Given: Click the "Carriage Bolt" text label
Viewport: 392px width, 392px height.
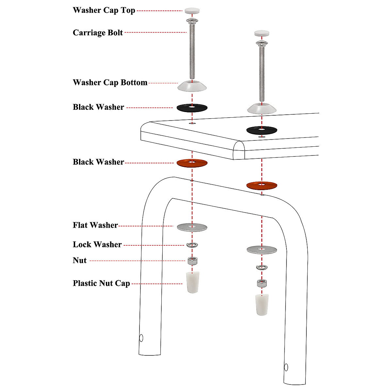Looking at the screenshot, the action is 98,33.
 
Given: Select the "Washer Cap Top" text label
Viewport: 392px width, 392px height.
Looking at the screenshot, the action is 104,10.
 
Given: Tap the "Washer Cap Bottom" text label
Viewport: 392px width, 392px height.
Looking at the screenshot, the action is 110,83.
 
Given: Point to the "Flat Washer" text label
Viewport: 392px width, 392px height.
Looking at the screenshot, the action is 95,225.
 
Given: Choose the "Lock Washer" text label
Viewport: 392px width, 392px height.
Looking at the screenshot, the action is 97,245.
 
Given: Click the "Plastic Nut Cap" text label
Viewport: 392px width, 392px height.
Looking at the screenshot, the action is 101,283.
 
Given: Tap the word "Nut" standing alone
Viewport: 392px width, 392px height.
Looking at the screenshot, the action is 80,261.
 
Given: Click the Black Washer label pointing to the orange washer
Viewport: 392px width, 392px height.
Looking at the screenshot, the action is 98,162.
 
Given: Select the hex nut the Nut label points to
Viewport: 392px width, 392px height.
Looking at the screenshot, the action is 192,261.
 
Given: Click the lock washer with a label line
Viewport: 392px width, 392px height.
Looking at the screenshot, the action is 192,245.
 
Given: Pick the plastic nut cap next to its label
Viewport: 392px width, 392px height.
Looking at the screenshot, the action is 193,282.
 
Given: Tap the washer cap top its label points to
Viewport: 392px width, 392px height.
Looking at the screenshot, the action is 192,11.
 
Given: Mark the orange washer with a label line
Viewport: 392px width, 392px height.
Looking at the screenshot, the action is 192,163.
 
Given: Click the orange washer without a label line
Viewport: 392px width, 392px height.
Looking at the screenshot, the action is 262,185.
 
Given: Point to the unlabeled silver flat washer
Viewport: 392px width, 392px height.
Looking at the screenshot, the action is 262,250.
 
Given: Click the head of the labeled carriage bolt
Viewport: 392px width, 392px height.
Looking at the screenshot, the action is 192,21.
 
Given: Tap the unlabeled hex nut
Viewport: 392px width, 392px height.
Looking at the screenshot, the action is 262,283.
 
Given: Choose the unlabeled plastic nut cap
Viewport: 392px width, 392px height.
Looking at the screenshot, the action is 262,304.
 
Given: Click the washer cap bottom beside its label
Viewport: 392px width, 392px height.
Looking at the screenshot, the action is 192,86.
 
